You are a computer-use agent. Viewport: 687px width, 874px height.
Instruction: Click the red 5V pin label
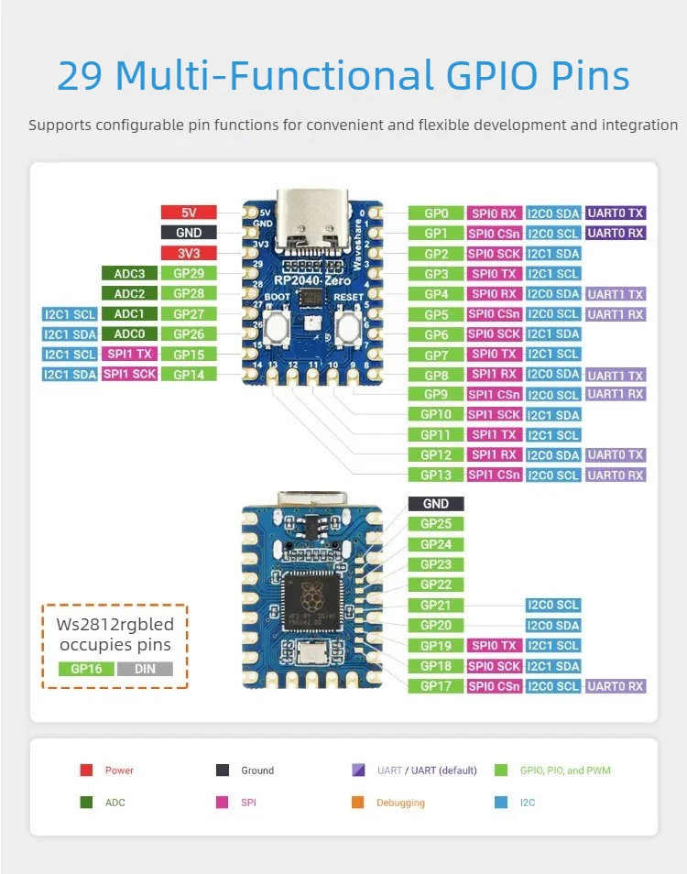coord(188,213)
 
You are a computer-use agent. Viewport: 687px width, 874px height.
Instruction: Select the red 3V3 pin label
coord(188,253)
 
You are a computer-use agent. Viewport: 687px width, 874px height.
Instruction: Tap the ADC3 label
coord(129,273)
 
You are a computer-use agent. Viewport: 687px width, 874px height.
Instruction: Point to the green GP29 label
coord(188,273)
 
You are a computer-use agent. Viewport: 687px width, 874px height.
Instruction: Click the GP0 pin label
coord(436,213)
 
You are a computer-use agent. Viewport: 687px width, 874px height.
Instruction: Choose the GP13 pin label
coord(436,475)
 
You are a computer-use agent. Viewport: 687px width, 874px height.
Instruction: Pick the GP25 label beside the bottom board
coord(436,524)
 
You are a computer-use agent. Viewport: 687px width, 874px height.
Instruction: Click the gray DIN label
coord(145,669)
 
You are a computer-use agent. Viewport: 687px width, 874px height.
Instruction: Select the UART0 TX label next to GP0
coord(616,213)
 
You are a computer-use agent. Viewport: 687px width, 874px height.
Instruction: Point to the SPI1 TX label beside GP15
coord(129,354)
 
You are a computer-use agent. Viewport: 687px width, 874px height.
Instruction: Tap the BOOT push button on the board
coord(276,326)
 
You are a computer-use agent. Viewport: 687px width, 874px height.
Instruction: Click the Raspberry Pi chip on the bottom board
coord(313,600)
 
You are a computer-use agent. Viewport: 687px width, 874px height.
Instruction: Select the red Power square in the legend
coord(86,770)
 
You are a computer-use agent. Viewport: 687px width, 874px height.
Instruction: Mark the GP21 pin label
coord(436,605)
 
